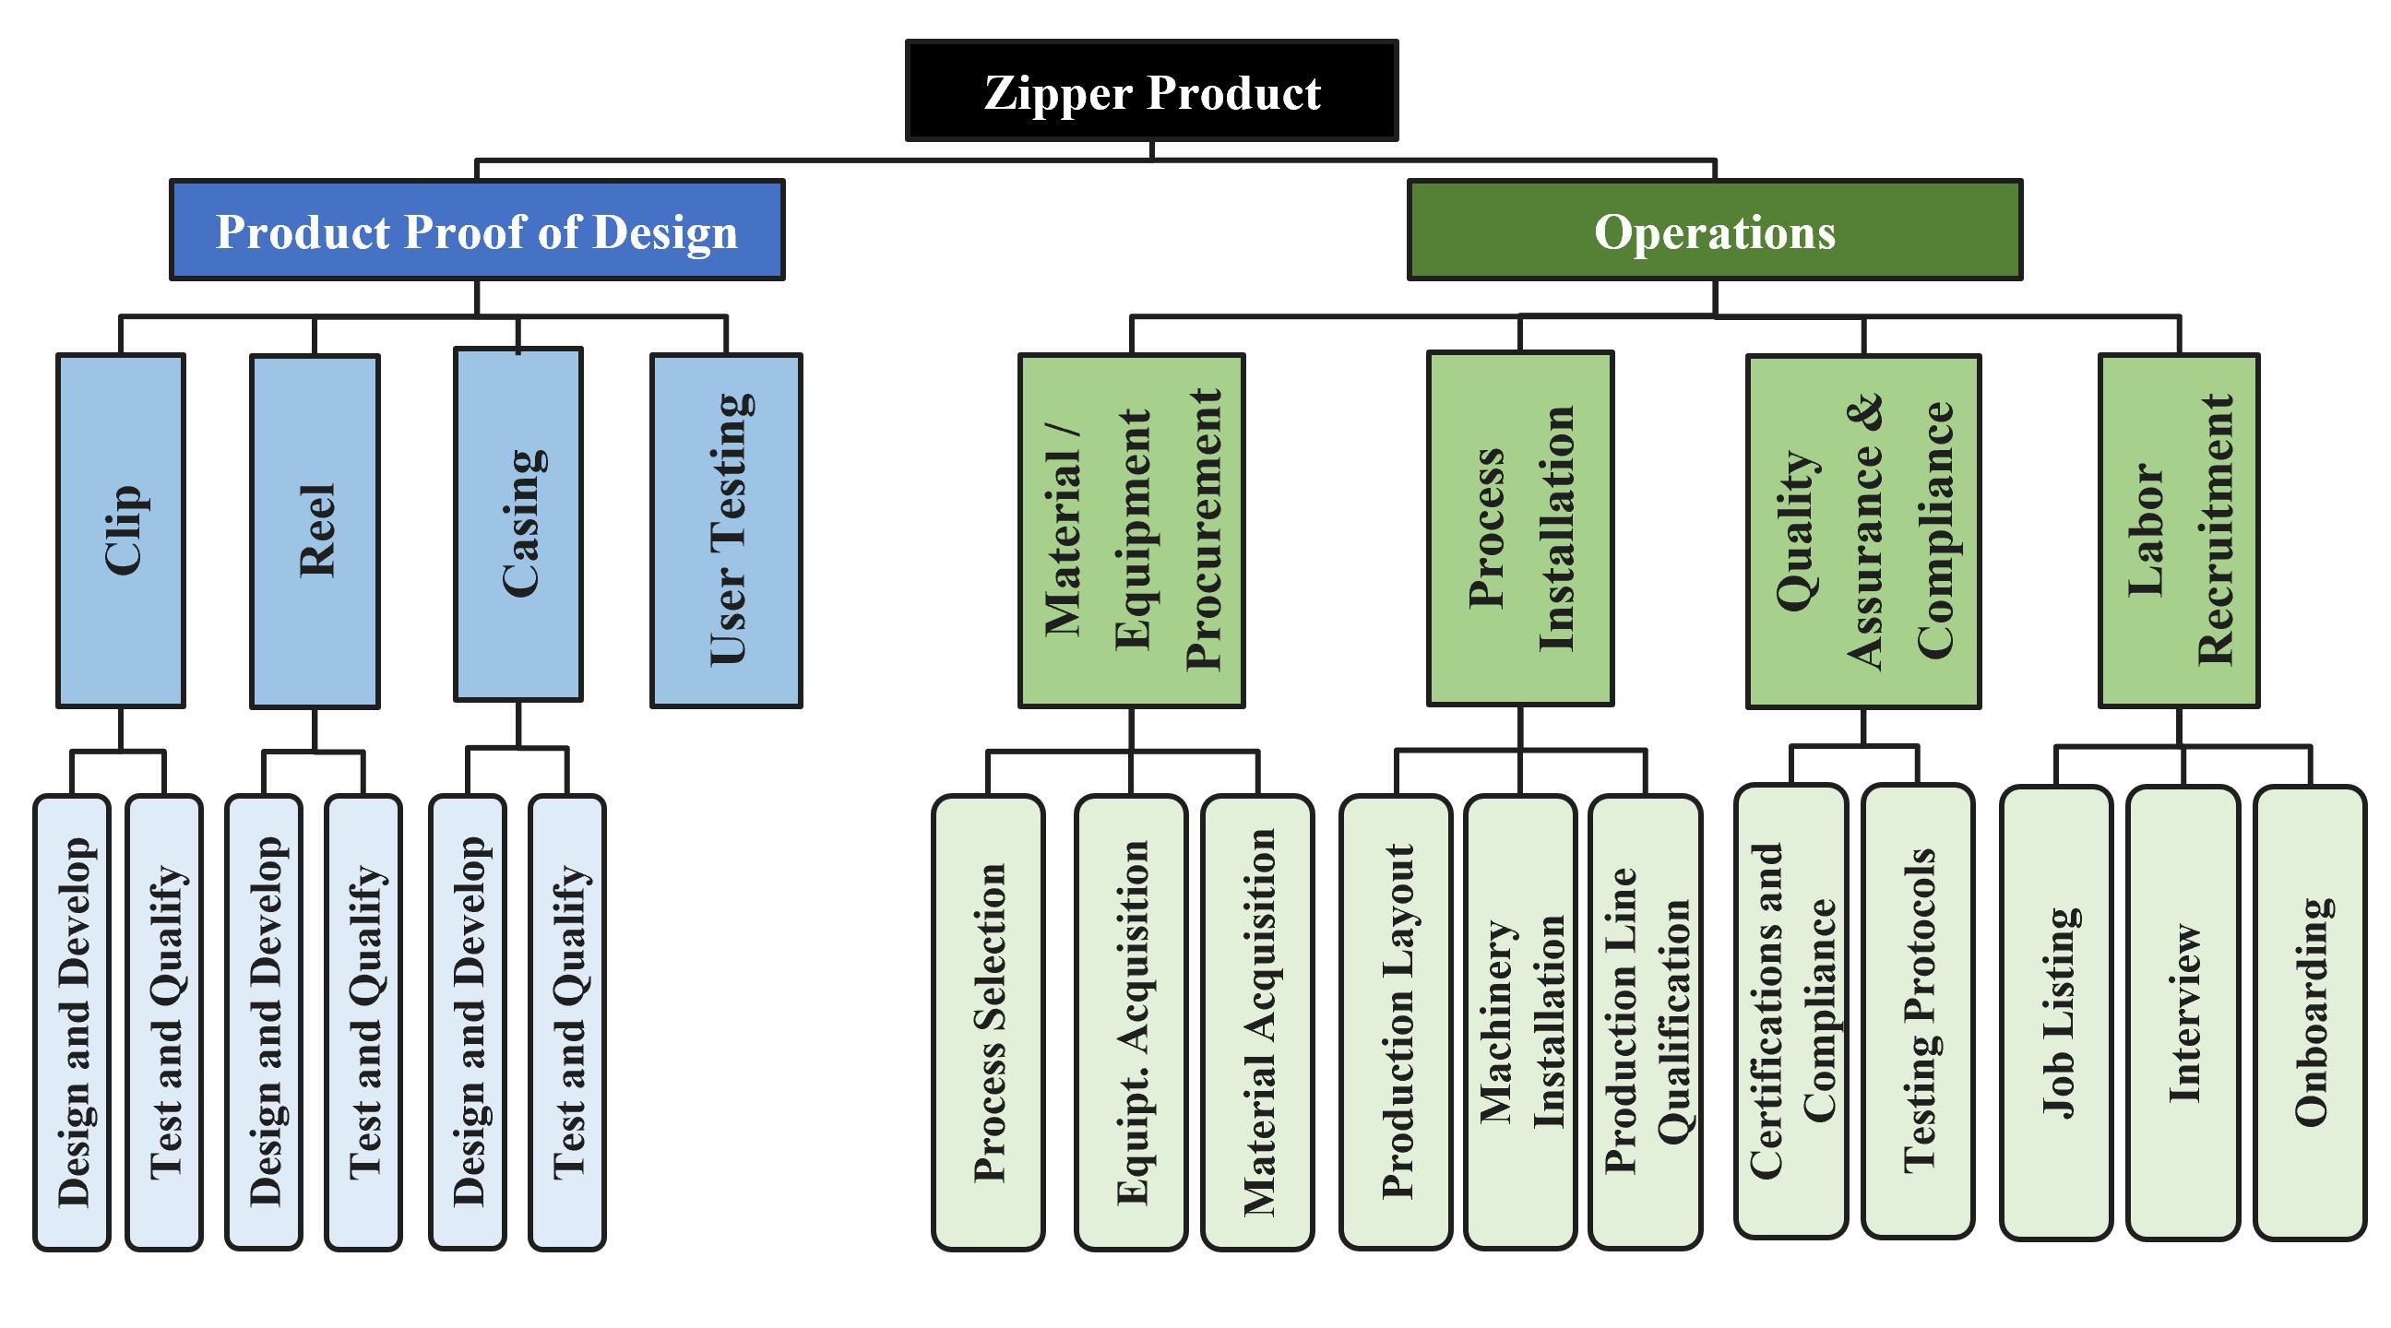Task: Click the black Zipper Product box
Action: point(1151,91)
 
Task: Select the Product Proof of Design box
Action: point(477,231)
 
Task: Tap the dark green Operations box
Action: point(1714,231)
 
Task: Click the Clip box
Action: point(121,530)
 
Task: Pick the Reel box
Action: point(315,531)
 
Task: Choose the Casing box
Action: point(517,525)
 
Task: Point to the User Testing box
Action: point(726,530)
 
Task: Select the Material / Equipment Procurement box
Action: point(1132,530)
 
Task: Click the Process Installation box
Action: point(1520,528)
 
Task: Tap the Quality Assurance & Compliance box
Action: point(1863,531)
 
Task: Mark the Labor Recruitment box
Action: point(2180,530)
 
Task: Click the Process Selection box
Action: point(989,1022)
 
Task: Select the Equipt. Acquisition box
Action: point(1132,1022)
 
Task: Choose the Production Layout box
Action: point(1396,1022)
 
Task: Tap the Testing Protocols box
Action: point(1918,1012)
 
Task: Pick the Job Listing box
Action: point(2056,1013)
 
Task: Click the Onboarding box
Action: point(2310,1013)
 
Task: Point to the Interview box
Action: point(2183,1013)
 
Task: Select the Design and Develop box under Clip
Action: point(72,1022)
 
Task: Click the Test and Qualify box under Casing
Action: point(567,1022)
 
